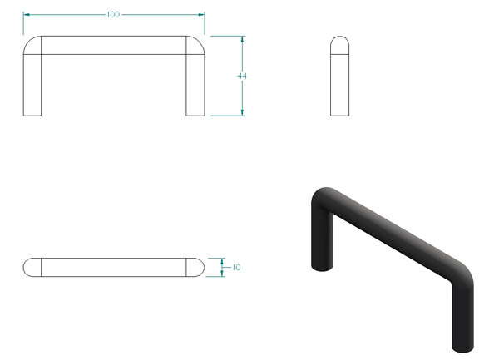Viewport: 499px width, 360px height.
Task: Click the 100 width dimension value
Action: [113, 15]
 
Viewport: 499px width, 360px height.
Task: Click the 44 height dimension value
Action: [242, 76]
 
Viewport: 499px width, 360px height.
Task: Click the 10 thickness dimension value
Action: [236, 267]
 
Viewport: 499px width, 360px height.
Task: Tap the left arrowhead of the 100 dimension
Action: [27, 15]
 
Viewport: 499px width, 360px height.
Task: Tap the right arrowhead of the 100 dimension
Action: [201, 15]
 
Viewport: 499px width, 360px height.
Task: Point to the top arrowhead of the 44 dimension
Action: [243, 39]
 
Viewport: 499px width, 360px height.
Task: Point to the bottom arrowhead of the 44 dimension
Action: [243, 112]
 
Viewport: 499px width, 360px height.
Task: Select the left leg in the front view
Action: [32, 85]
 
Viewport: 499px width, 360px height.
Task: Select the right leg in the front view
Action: [195, 85]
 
